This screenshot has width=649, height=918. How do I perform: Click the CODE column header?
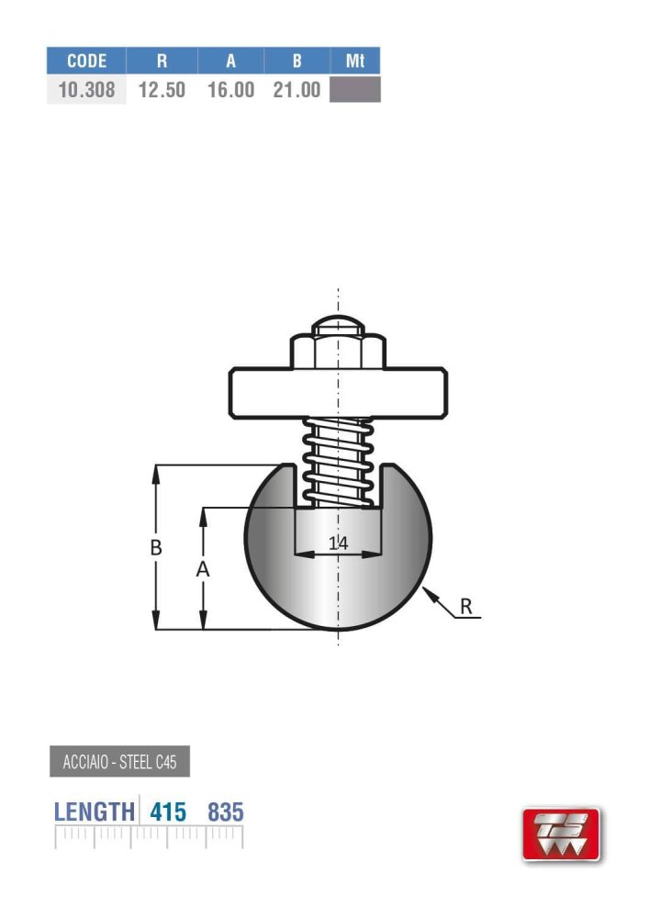tap(86, 61)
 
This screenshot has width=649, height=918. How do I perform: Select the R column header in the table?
tap(162, 61)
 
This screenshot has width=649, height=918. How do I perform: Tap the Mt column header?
tap(355, 61)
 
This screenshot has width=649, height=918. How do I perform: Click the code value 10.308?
tap(86, 90)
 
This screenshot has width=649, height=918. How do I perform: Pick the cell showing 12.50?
tap(162, 90)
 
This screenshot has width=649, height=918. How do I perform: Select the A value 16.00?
tap(231, 90)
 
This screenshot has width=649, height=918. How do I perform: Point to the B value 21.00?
tap(297, 90)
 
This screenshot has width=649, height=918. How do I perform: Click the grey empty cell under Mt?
tap(355, 90)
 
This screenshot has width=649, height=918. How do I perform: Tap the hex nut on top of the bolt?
tap(338, 351)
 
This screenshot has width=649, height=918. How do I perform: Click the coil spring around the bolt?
tap(338, 463)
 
